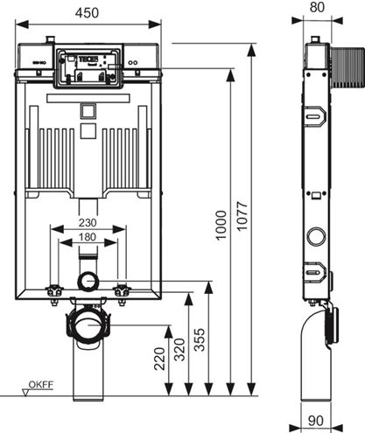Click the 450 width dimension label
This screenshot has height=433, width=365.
87,13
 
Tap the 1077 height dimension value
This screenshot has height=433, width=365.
242,216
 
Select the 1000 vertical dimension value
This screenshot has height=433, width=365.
221,225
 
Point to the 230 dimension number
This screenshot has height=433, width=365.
88,223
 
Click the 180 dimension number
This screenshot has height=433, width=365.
88,237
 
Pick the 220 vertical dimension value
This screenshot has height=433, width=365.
159,359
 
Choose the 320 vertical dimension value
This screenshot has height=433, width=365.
179,349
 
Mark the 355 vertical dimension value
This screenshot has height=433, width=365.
200,339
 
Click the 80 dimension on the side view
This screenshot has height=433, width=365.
317,7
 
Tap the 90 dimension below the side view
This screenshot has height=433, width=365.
316,420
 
